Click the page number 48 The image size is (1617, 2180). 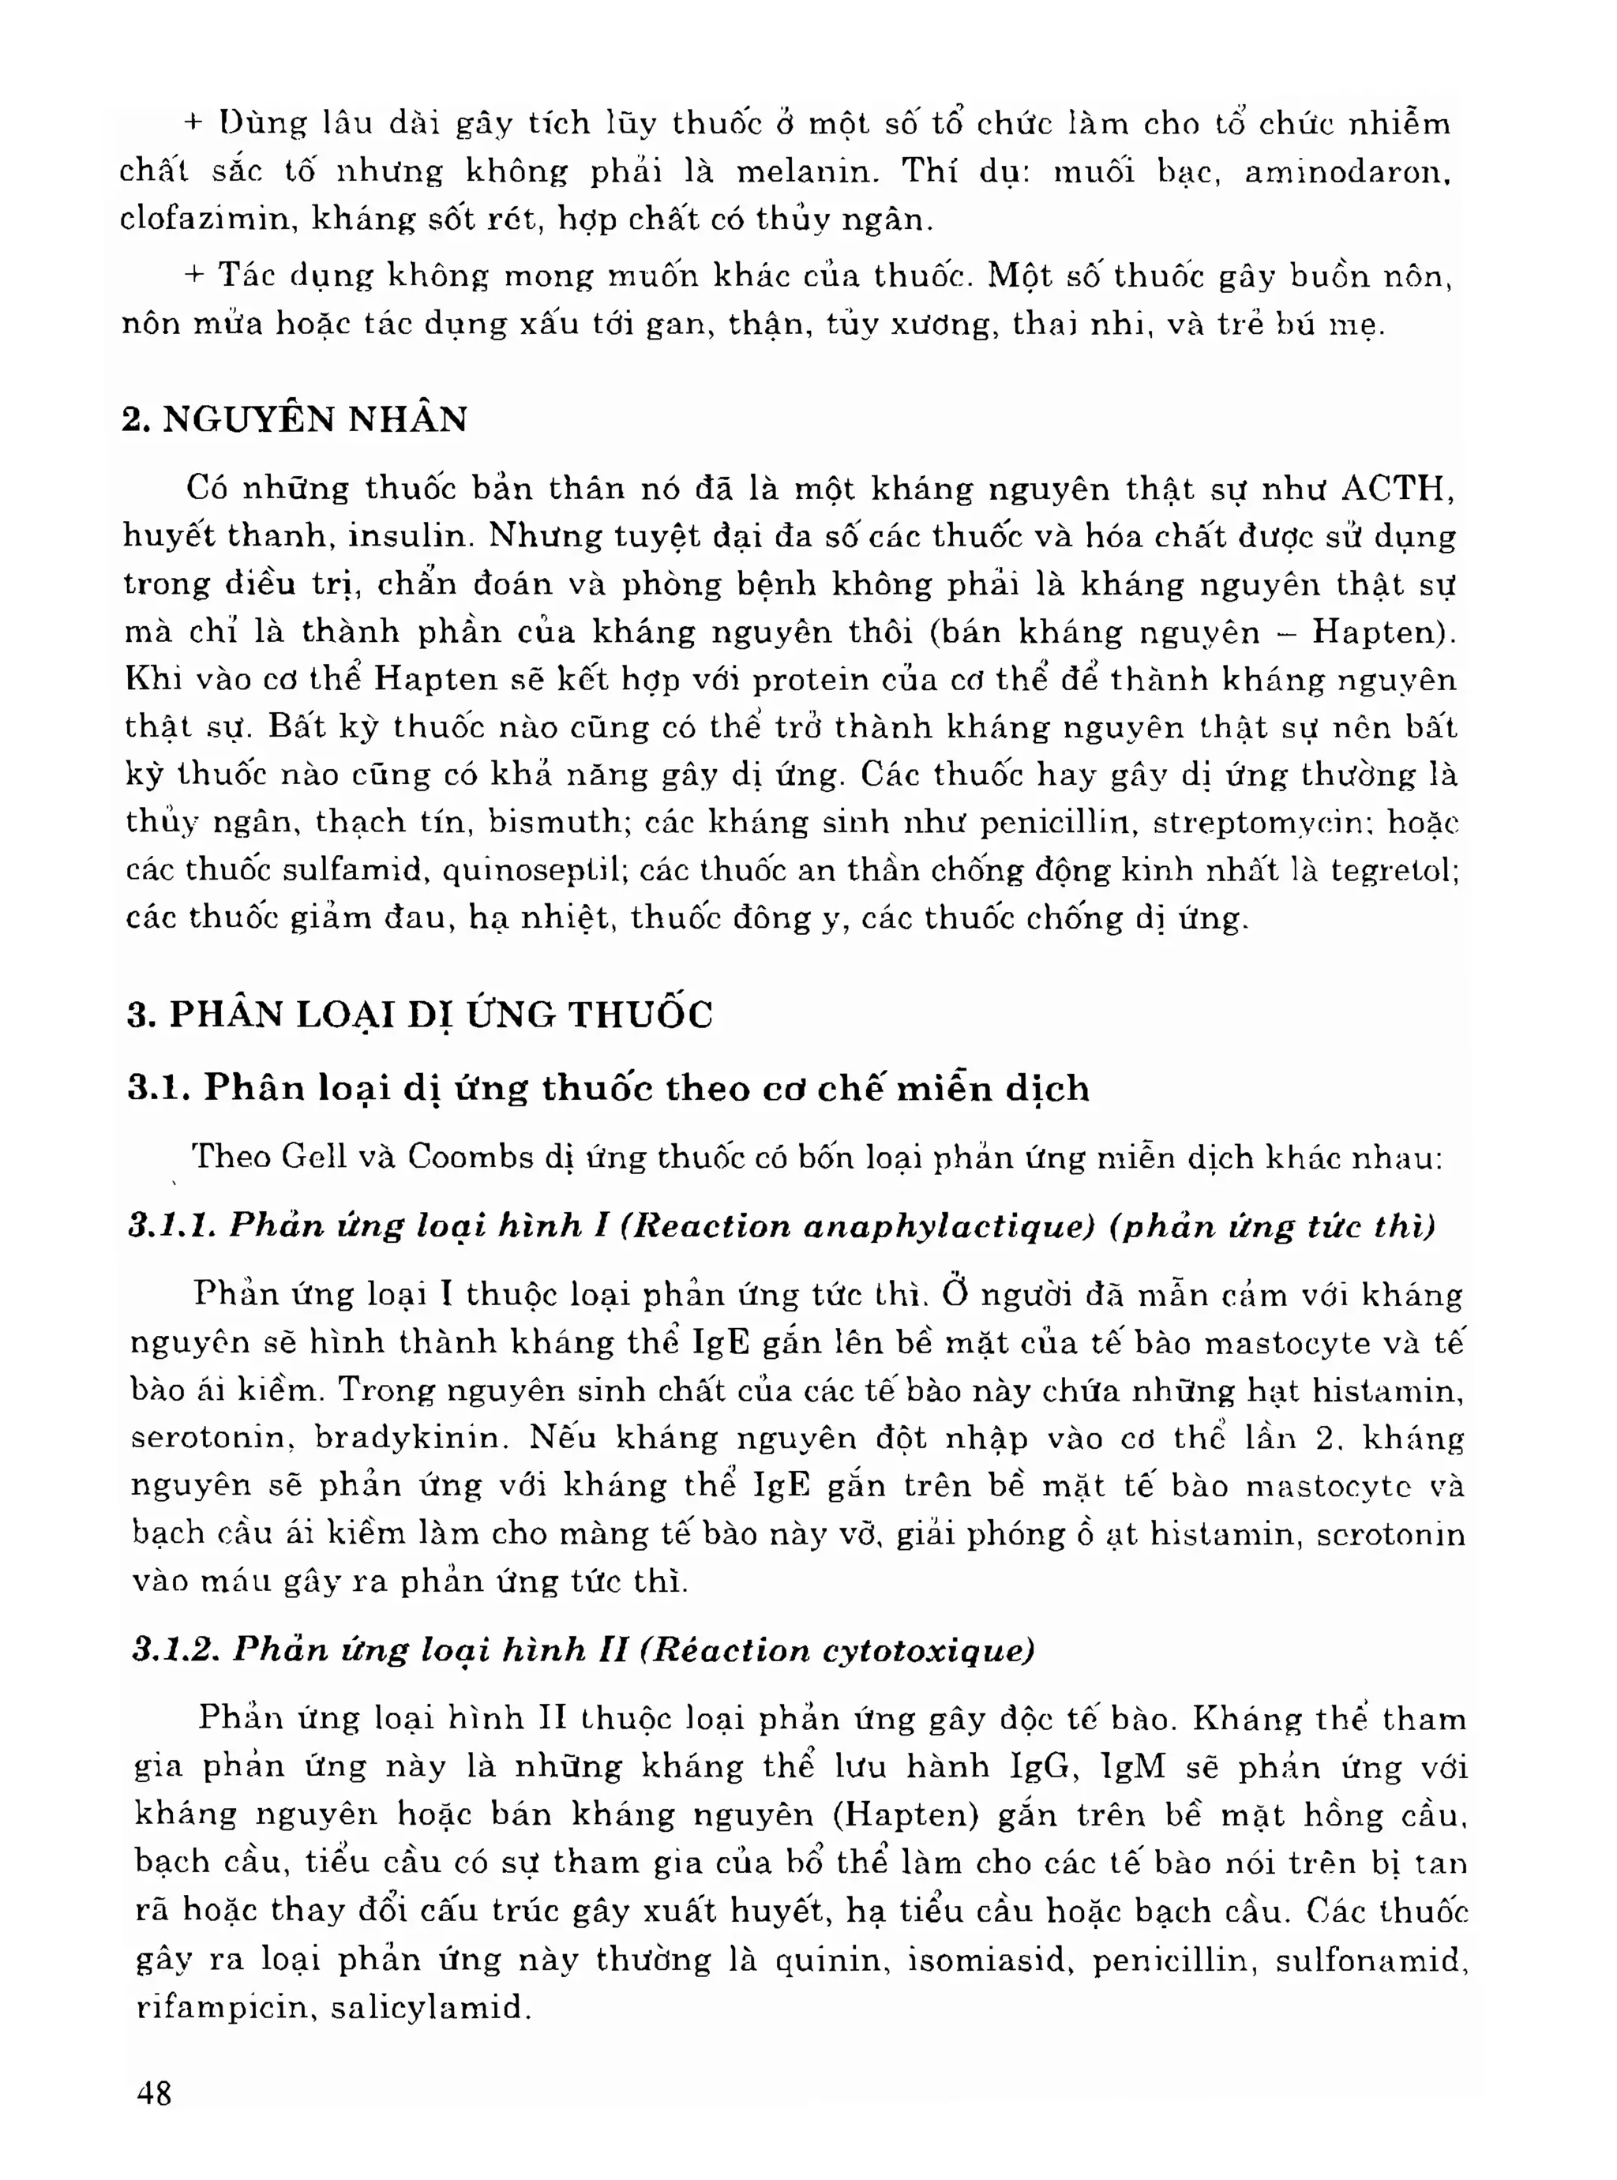155,2093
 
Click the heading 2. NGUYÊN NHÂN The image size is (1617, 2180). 295,419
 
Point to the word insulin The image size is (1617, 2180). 411,535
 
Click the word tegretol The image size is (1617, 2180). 1393,869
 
